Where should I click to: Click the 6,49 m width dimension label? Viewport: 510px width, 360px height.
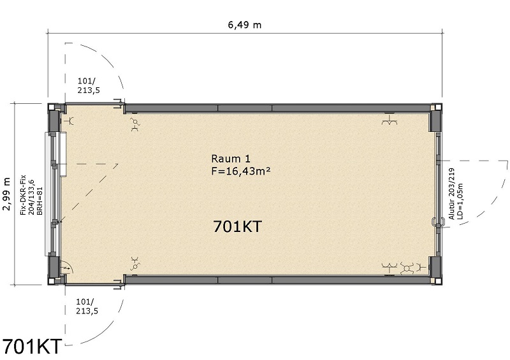245,25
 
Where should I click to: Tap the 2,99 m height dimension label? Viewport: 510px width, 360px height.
7,194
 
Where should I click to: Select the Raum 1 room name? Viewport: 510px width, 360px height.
231,159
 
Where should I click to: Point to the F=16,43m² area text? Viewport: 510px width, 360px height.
241,171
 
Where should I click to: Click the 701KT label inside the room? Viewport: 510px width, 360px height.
237,226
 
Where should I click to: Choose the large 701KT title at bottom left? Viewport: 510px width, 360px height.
32,347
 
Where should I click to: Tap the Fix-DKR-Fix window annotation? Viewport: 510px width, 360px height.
23,195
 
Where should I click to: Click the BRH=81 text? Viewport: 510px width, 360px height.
40,201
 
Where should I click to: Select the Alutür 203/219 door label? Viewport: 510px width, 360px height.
451,194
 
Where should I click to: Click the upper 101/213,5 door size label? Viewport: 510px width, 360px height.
89,85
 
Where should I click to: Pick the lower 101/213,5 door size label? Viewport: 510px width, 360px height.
87,306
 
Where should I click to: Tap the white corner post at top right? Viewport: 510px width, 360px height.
439,106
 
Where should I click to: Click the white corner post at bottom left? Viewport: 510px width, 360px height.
52,282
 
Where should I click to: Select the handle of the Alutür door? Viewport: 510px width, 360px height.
434,222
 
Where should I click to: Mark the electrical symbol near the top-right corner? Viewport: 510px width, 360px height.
390,120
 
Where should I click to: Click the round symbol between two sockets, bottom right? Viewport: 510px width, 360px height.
407,268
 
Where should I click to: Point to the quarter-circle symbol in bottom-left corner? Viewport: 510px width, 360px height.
67,268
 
